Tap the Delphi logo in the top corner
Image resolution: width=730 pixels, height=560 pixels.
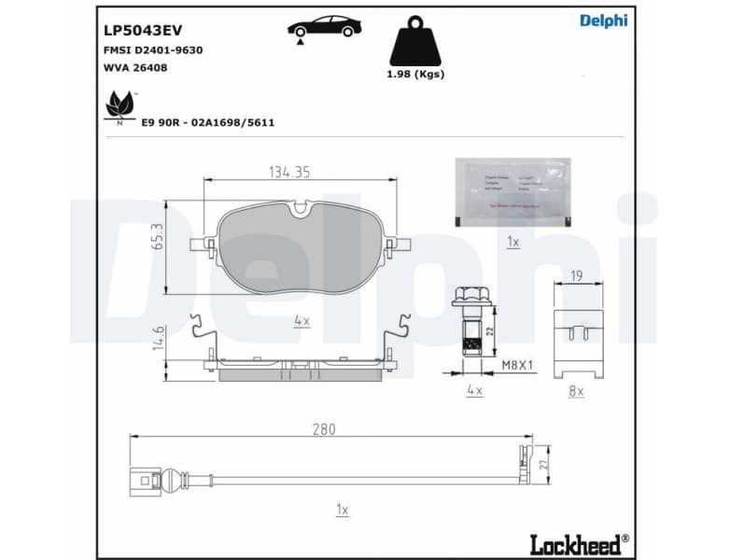[603, 21]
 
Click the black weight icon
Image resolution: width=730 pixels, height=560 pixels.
[415, 42]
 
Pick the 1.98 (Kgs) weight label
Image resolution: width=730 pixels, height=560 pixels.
[415, 74]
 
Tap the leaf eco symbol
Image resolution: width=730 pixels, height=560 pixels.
[119, 105]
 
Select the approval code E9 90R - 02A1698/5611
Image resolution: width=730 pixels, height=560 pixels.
[207, 122]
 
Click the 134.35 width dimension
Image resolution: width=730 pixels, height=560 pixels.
[288, 172]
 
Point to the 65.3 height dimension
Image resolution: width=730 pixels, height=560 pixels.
[158, 236]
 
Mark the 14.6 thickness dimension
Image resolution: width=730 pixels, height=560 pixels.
[158, 337]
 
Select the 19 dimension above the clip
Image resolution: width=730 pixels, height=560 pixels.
[577, 276]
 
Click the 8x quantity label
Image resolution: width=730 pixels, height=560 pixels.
[576, 392]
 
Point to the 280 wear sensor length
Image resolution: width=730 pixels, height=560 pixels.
[324, 429]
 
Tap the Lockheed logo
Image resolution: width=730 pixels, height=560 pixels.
[579, 542]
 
